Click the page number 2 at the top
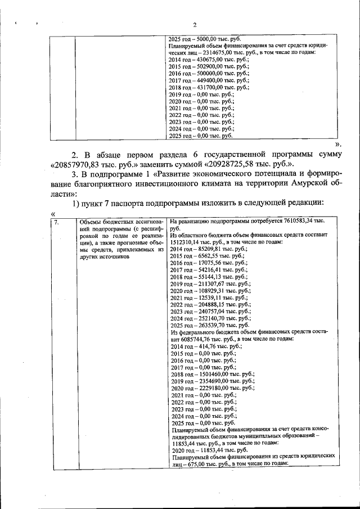point(195,25)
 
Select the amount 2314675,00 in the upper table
point(208,52)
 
